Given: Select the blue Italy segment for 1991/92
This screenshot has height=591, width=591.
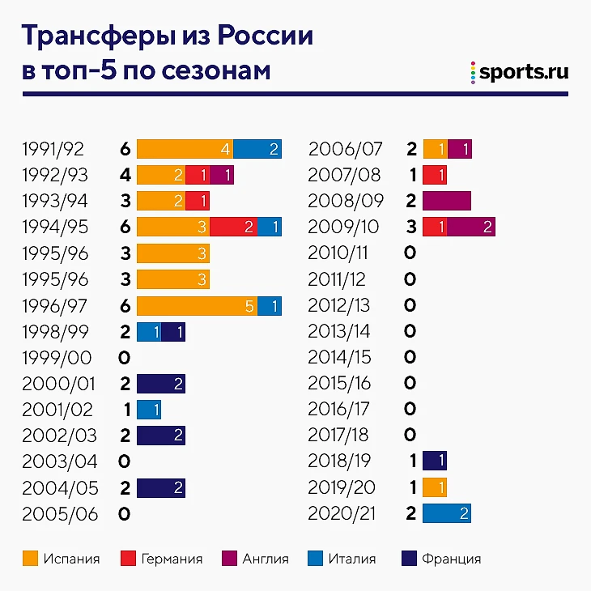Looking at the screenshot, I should tap(257, 149).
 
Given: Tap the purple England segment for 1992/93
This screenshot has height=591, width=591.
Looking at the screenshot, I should tap(221, 174).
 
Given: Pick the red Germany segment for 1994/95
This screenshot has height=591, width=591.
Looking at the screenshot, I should tap(233, 227).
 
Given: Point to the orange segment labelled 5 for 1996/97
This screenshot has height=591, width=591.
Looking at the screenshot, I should tap(197, 305).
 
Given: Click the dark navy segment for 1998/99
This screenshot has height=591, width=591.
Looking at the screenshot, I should tap(173, 331).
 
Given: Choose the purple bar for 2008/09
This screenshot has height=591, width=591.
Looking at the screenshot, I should tap(447, 201).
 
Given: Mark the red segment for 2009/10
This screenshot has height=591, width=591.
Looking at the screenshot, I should tap(435, 227).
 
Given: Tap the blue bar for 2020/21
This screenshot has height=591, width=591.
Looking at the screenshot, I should tap(447, 513).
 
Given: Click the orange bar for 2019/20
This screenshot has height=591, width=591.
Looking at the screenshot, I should tap(435, 487).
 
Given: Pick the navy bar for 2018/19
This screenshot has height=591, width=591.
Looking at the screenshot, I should tap(435, 461).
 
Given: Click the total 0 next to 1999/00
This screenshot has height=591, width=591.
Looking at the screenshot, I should tap(125, 357).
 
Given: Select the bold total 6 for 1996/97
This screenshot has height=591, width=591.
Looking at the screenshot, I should tap(125, 305).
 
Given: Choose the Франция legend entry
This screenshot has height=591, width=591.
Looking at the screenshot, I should tap(441, 558).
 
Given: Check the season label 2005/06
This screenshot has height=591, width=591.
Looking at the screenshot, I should tap(54, 513).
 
